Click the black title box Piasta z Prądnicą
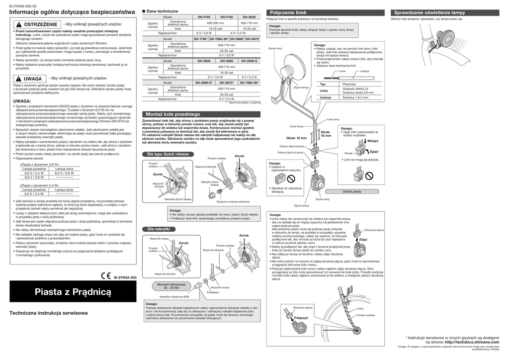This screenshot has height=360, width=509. click(x=72, y=292)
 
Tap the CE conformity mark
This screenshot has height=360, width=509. click(x=106, y=276)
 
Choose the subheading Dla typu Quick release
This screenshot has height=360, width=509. click(x=168, y=155)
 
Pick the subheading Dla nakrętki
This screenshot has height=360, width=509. click(x=158, y=229)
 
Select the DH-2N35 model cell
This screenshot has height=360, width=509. click(x=249, y=17)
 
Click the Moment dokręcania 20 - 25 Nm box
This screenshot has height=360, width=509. click(x=171, y=286)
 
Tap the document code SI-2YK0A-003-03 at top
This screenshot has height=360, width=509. click(x=24, y=4)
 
